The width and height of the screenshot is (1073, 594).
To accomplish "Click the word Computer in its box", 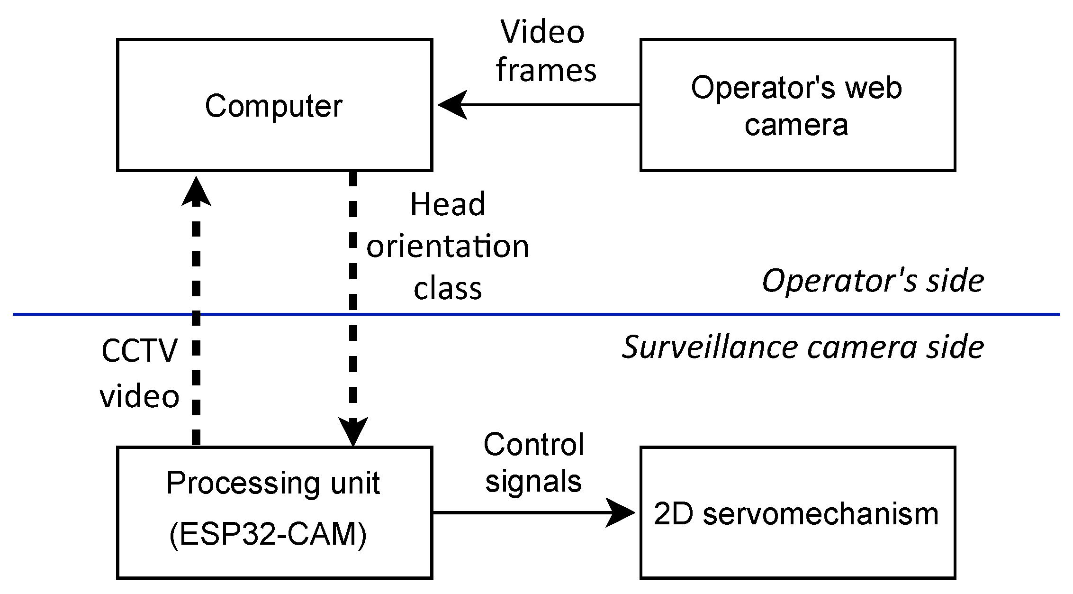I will click(x=273, y=106).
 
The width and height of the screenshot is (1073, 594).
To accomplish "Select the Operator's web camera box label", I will click(x=796, y=106).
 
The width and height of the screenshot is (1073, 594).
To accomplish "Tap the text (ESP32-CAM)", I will click(x=268, y=535).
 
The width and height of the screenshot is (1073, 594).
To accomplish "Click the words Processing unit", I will click(x=273, y=484).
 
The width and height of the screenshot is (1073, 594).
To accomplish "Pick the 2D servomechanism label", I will click(x=796, y=513).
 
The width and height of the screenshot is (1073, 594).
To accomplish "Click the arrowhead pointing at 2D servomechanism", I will click(x=620, y=512).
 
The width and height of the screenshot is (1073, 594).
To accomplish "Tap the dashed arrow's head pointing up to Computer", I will click(x=196, y=191).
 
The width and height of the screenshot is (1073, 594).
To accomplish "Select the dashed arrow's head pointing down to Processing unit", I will click(x=353, y=431).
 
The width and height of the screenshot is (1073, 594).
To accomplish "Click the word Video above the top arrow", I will click(x=542, y=32).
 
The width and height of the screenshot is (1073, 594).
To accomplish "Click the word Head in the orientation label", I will click(x=448, y=204).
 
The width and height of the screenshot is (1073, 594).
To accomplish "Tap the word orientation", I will click(x=448, y=247).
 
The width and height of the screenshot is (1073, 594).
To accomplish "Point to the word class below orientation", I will click(x=448, y=288).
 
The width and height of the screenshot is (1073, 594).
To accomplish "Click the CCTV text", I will click(x=139, y=351).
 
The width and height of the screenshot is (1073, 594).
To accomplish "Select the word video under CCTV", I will click(x=139, y=396).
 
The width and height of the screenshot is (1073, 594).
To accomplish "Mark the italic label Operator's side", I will click(x=873, y=281).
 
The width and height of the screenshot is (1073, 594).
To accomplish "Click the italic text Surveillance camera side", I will click(x=803, y=347).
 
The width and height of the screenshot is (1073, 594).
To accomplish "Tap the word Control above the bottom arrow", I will click(x=533, y=445).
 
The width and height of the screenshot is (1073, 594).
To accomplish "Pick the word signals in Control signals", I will click(x=533, y=482).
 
